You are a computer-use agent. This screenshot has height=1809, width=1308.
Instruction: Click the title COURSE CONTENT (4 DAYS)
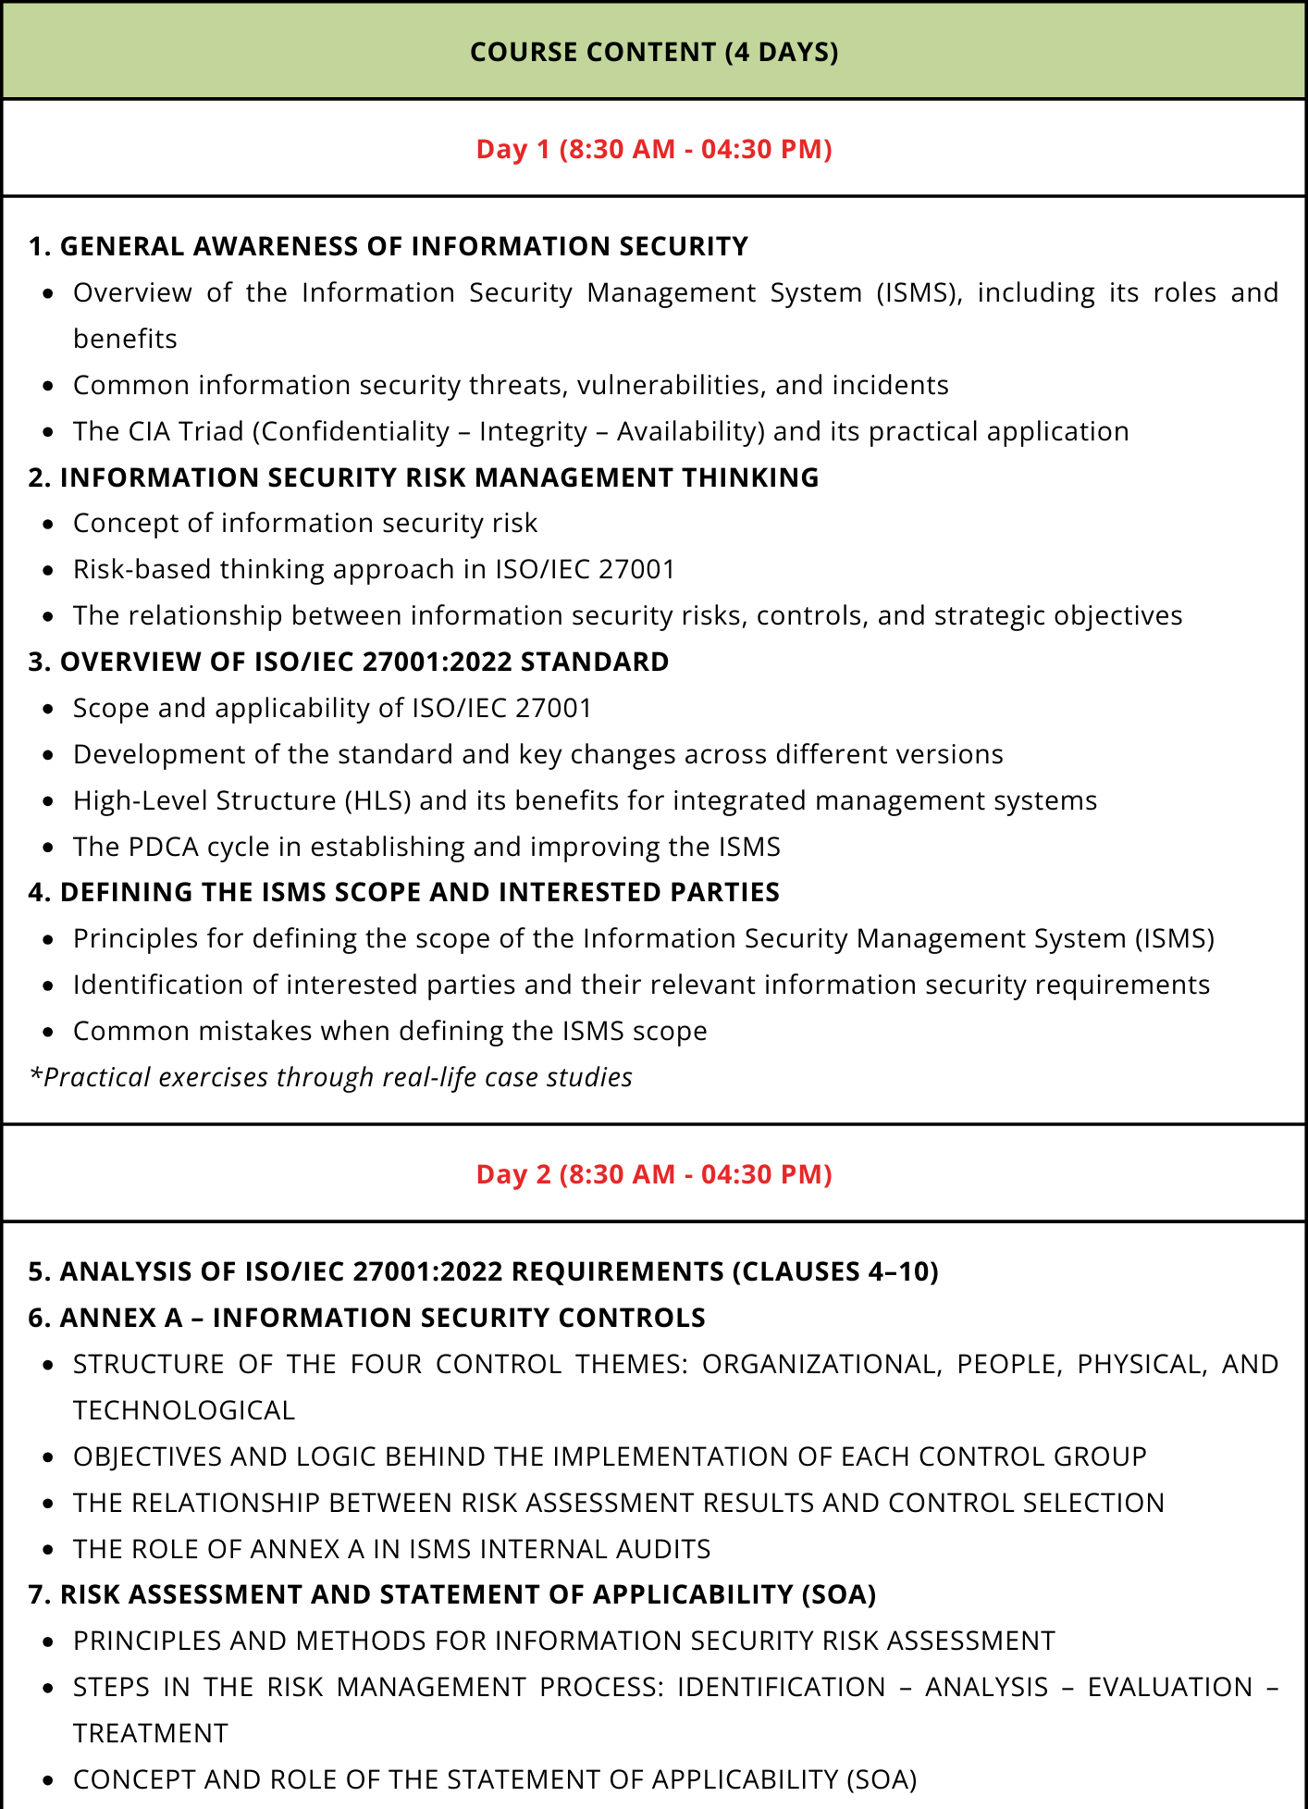click(654, 52)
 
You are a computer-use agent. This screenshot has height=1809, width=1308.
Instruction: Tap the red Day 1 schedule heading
click(654, 149)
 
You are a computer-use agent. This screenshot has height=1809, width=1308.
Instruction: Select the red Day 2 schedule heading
click(654, 1174)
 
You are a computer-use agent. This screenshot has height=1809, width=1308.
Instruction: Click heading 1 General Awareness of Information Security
click(389, 246)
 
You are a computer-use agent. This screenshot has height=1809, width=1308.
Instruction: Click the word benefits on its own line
click(125, 339)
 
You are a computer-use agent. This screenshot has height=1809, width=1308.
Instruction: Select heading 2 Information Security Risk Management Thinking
click(424, 477)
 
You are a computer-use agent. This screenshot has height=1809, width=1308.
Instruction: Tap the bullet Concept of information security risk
click(305, 523)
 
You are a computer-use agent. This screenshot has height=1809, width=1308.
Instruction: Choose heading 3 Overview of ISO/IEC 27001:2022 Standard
click(349, 662)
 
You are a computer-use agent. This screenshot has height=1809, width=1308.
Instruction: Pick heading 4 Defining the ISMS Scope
click(404, 892)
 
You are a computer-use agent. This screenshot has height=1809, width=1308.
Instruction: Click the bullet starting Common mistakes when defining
click(389, 1031)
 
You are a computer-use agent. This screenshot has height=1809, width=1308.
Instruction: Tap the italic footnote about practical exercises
click(331, 1077)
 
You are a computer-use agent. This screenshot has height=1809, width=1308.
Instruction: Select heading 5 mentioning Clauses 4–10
click(483, 1271)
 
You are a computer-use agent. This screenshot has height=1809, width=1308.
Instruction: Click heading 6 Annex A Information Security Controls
click(367, 1318)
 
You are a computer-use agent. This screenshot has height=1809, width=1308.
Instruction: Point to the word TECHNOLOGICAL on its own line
click(184, 1410)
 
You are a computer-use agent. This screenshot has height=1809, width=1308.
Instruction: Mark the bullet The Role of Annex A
click(391, 1549)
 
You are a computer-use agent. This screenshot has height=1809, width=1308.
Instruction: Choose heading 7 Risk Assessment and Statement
click(452, 1594)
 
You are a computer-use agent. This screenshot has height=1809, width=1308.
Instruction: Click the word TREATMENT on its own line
click(151, 1733)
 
